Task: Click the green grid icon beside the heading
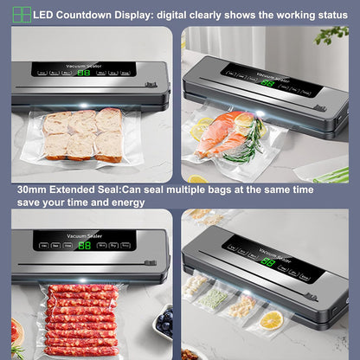(x=21, y=14)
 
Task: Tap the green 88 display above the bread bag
(x=84, y=73)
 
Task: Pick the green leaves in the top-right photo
(x=333, y=36)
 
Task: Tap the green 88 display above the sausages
(x=84, y=245)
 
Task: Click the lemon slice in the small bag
(x=271, y=320)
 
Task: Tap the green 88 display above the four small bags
(x=268, y=260)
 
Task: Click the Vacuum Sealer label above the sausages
(x=83, y=234)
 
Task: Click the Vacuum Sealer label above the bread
(x=85, y=62)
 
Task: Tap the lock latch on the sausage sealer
(x=150, y=258)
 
